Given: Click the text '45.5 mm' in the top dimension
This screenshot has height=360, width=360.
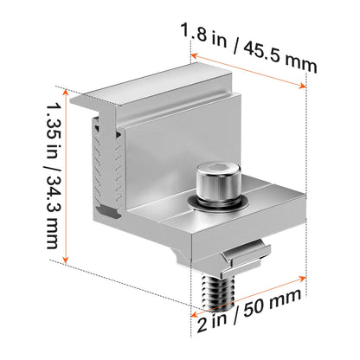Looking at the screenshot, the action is point(280,58).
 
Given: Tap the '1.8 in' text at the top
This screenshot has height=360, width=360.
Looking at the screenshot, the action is point(203,35).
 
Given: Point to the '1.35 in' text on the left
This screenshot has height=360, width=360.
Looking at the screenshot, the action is point(53,135).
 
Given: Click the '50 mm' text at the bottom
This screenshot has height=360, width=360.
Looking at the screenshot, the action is point(272,304).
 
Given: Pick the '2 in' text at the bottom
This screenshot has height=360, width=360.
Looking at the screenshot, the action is point(212,323).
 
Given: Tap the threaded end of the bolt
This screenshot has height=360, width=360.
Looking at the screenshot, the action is point(218,292).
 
